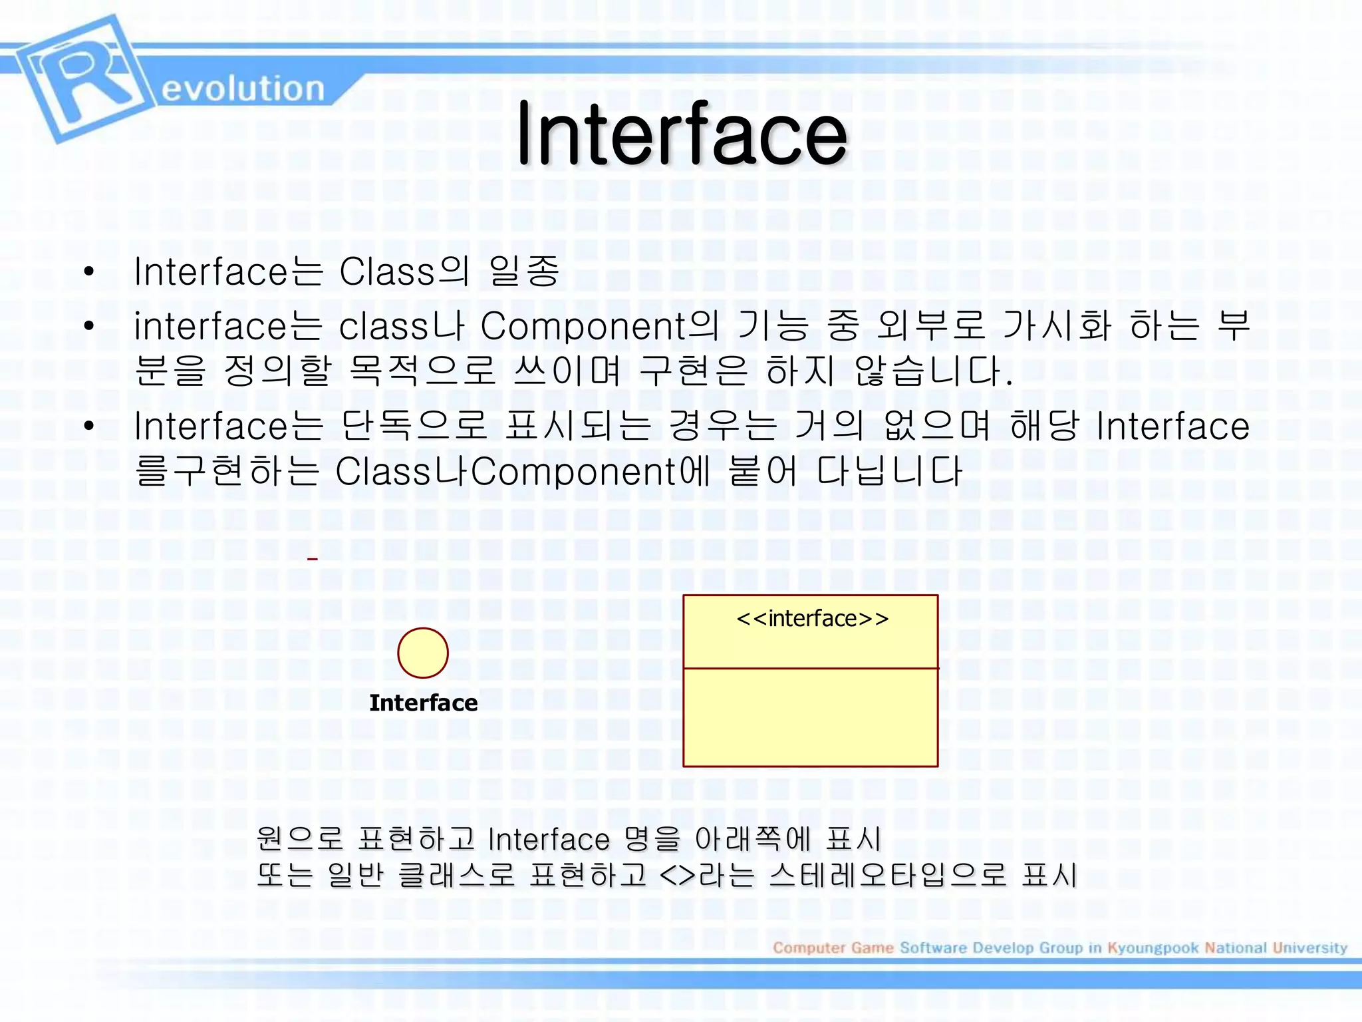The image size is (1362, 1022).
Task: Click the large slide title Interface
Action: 682,133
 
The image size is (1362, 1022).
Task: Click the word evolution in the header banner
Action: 243,88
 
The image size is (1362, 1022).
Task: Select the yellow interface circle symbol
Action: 423,653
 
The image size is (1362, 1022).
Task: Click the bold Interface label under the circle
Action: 423,703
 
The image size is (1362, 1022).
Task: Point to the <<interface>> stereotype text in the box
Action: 812,619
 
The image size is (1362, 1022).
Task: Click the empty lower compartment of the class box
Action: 810,717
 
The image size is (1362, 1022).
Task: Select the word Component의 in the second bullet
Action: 599,326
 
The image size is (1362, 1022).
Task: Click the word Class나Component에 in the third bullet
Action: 523,471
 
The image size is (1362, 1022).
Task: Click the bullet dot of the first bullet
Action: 89,272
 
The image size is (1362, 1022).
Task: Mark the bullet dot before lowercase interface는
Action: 89,327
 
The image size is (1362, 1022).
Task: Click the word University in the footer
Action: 1309,947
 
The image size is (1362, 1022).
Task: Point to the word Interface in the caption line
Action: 549,839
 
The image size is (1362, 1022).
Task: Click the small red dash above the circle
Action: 313,559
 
